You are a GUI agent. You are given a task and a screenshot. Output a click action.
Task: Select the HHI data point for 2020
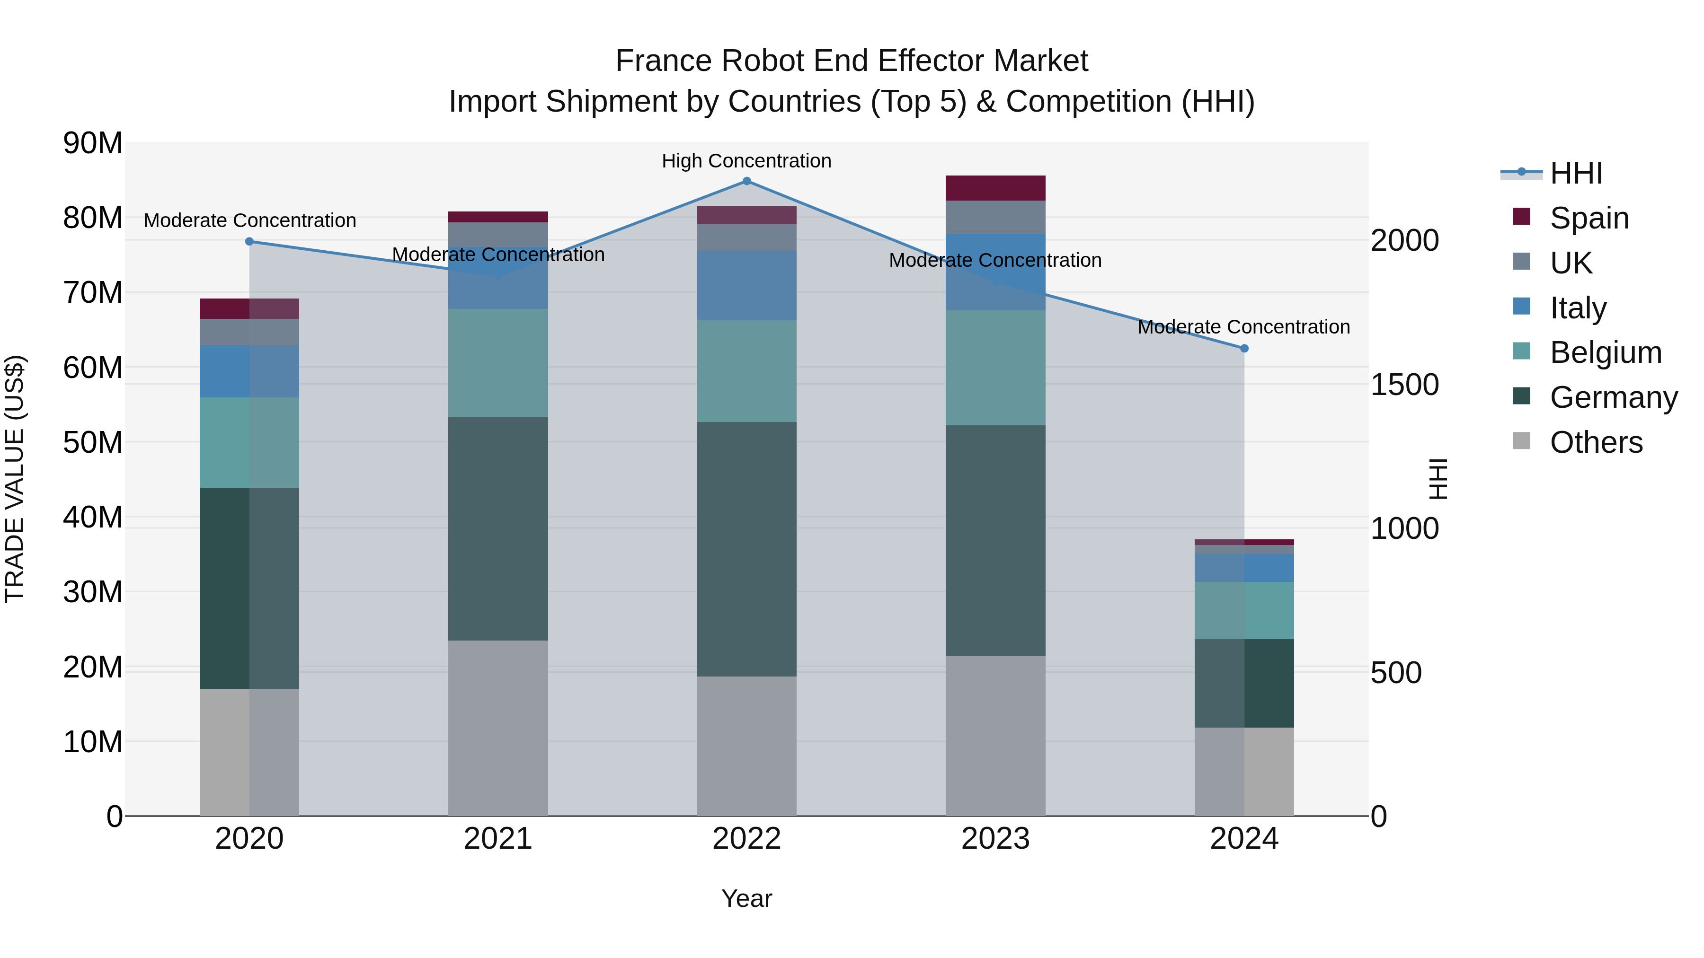(249, 242)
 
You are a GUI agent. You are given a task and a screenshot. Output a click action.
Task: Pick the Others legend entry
(1596, 442)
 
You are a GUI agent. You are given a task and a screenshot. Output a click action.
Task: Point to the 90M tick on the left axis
(93, 143)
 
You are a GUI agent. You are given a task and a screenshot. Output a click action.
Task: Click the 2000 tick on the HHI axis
(1404, 241)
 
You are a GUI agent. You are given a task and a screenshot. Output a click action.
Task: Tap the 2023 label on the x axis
(995, 839)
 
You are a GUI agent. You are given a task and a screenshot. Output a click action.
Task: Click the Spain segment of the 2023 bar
(995, 188)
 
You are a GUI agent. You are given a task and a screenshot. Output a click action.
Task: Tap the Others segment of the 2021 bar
(497, 727)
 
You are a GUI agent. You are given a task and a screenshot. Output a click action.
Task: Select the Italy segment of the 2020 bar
(249, 371)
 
